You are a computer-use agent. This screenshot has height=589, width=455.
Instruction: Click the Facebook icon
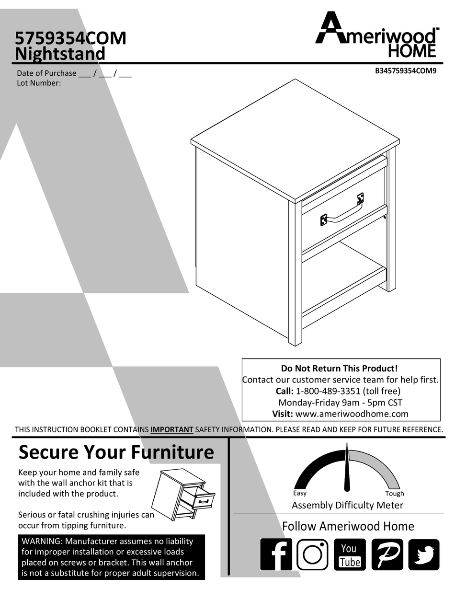pyautogui.click(x=276, y=554)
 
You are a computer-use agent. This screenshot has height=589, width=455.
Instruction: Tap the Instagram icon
pyautogui.click(x=312, y=554)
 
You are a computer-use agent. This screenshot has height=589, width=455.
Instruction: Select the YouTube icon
pyautogui.click(x=349, y=554)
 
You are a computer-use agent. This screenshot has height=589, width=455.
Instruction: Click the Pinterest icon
pyautogui.click(x=387, y=554)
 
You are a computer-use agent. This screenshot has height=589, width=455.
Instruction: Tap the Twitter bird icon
pyautogui.click(x=423, y=554)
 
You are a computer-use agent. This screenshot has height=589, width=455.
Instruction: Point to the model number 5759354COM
pyautogui.click(x=70, y=38)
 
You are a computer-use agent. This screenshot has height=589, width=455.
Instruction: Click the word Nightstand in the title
pyautogui.click(x=60, y=54)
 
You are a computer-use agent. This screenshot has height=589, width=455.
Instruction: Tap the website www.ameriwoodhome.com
pyautogui.click(x=352, y=414)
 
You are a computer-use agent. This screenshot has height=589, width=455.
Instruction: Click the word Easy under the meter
pyautogui.click(x=300, y=493)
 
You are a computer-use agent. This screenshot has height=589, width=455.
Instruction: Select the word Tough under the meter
pyautogui.click(x=395, y=494)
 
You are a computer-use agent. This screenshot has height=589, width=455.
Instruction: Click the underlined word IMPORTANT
pyautogui.click(x=171, y=429)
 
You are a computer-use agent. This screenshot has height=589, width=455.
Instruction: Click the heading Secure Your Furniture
pyautogui.click(x=116, y=452)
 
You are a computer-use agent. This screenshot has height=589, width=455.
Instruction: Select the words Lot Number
pyautogui.click(x=39, y=83)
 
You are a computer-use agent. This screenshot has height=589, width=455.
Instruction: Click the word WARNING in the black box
pyautogui.click(x=42, y=541)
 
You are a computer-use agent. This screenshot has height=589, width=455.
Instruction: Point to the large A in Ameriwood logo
pyautogui.click(x=329, y=30)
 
